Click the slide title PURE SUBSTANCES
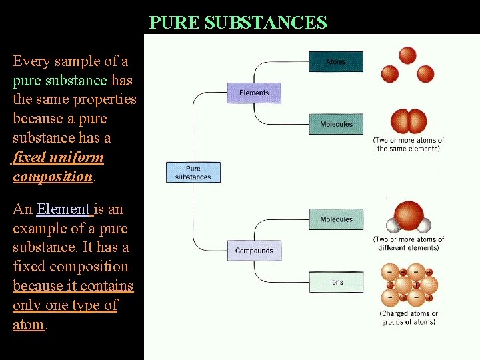coord(238,23)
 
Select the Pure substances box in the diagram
coord(193,173)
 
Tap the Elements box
coord(254,93)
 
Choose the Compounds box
coord(254,251)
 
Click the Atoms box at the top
coord(336,62)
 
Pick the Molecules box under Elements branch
coord(336,124)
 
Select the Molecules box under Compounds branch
coord(336,219)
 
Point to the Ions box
coord(336,282)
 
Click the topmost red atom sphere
coord(407,55)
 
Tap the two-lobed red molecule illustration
coord(409,121)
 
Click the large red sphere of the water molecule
coord(408,215)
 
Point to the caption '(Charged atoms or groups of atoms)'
coord(408,318)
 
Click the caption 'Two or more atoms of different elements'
coord(408,243)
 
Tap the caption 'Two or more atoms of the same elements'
coord(408,145)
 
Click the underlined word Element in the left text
coord(64,209)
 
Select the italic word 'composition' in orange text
coord(52,177)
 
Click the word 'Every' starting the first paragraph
coord(32,61)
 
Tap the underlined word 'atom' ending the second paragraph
coord(29,325)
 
